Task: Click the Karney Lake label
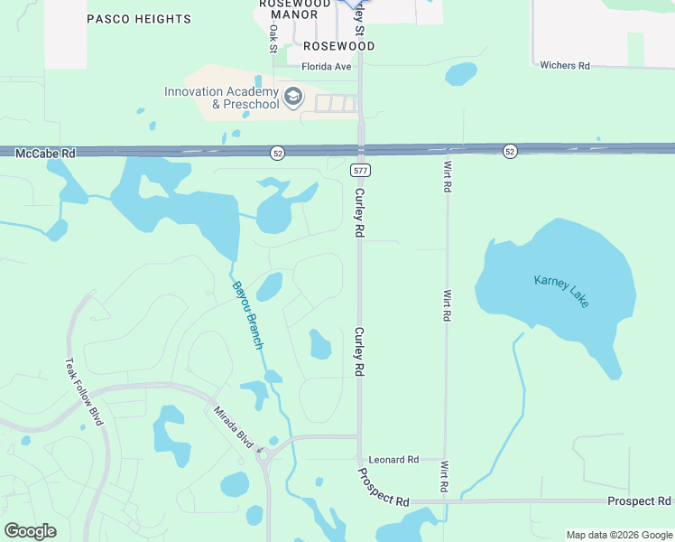coord(561,291)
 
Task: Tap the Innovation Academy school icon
coord(293,97)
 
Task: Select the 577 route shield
coord(361,170)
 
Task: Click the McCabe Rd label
coord(45,154)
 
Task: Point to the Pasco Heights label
coord(139,19)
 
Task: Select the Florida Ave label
coord(326,67)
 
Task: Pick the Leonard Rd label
coord(394,460)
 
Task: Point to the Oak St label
coord(273,38)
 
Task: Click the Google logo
coord(30,531)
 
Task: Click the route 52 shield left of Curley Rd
coord(278,154)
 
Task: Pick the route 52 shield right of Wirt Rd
coord(511,151)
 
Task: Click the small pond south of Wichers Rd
coord(460,73)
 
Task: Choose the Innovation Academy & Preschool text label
coord(221,98)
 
